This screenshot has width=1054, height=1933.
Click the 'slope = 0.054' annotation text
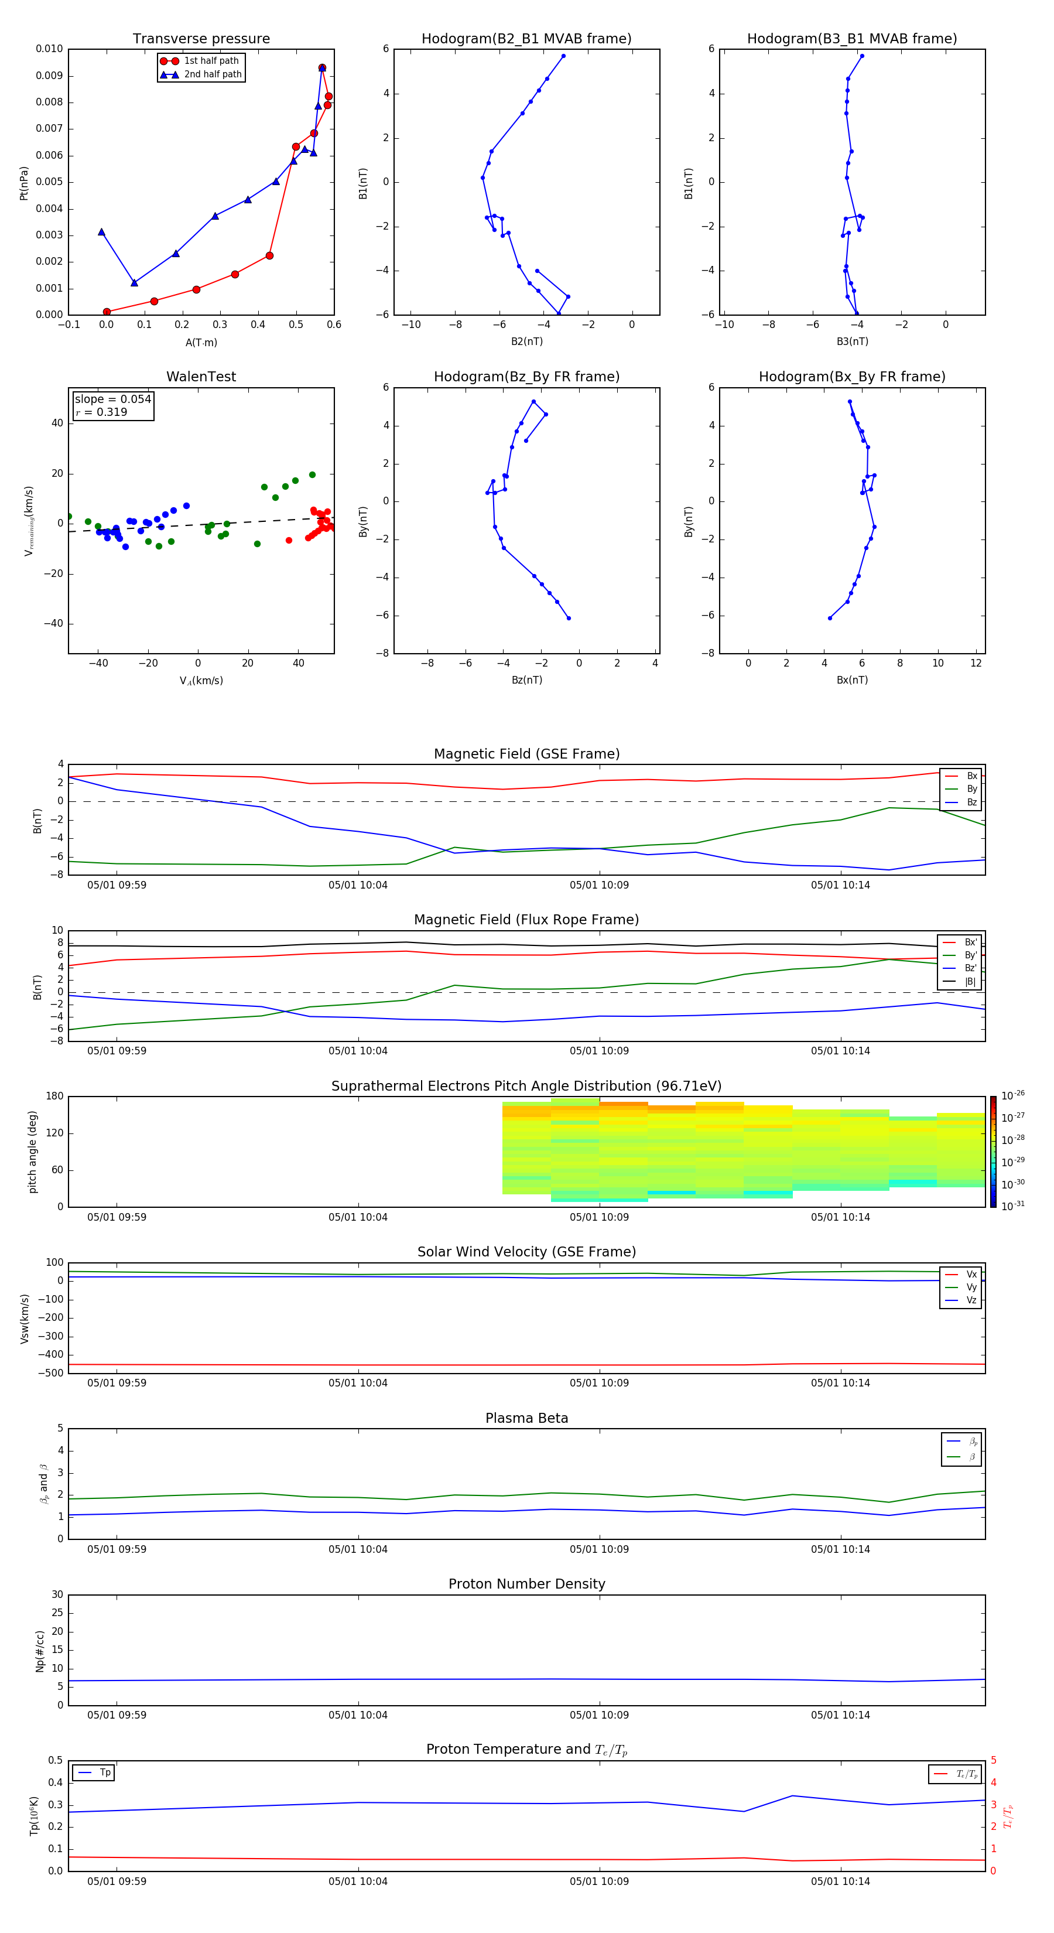[x=112, y=399]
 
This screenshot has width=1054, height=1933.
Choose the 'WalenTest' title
[x=201, y=377]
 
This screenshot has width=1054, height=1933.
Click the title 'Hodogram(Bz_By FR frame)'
[x=526, y=377]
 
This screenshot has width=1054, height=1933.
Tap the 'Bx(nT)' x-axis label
[x=852, y=680]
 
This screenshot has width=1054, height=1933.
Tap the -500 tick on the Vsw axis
[x=52, y=1373]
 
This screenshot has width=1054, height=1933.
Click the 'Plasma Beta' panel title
[x=526, y=1418]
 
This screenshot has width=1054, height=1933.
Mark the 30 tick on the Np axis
[x=57, y=1594]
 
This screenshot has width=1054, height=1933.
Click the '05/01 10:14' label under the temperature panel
[x=840, y=1881]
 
